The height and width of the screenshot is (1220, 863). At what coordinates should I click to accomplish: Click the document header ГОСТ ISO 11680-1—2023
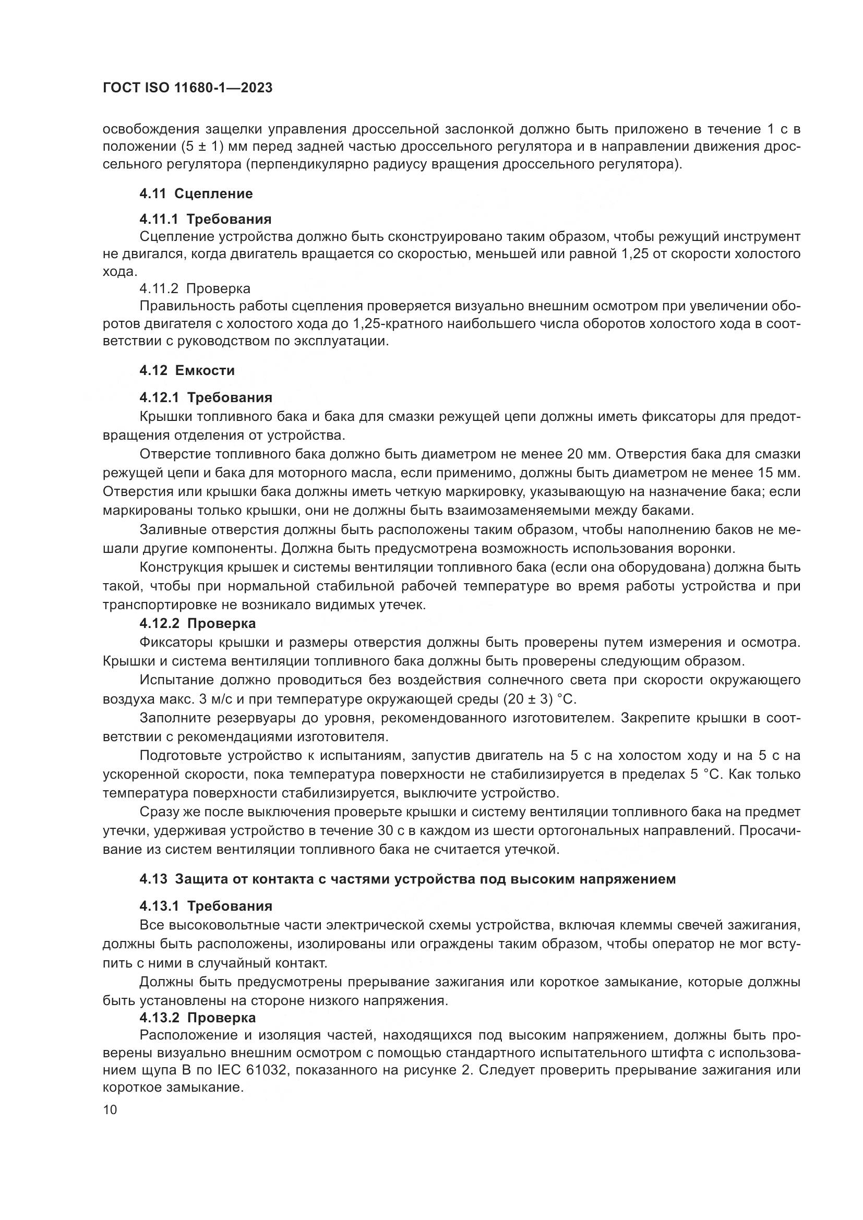[x=187, y=88]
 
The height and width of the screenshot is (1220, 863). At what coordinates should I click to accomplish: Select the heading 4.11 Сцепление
[x=196, y=194]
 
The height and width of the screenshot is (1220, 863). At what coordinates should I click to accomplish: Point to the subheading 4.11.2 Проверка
[x=195, y=288]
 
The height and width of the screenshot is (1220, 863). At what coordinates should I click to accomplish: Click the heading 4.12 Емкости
[x=187, y=370]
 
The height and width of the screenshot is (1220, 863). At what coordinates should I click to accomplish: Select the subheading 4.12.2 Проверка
[x=197, y=623]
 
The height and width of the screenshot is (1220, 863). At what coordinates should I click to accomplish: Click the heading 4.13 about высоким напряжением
[x=407, y=879]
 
